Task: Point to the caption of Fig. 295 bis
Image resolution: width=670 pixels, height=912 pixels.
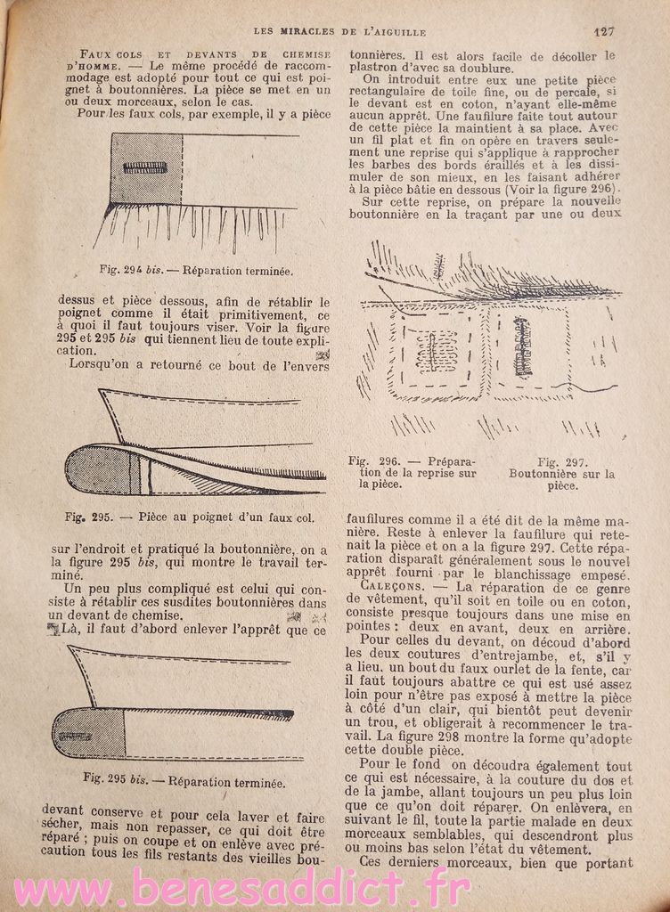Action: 184,783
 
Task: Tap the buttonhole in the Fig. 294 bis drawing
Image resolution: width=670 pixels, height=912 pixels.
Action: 145,168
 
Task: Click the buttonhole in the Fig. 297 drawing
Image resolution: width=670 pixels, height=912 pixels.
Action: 523,346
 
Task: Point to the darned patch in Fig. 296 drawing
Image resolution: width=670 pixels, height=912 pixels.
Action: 437,348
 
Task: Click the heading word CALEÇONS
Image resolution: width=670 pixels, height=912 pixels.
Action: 396,586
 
